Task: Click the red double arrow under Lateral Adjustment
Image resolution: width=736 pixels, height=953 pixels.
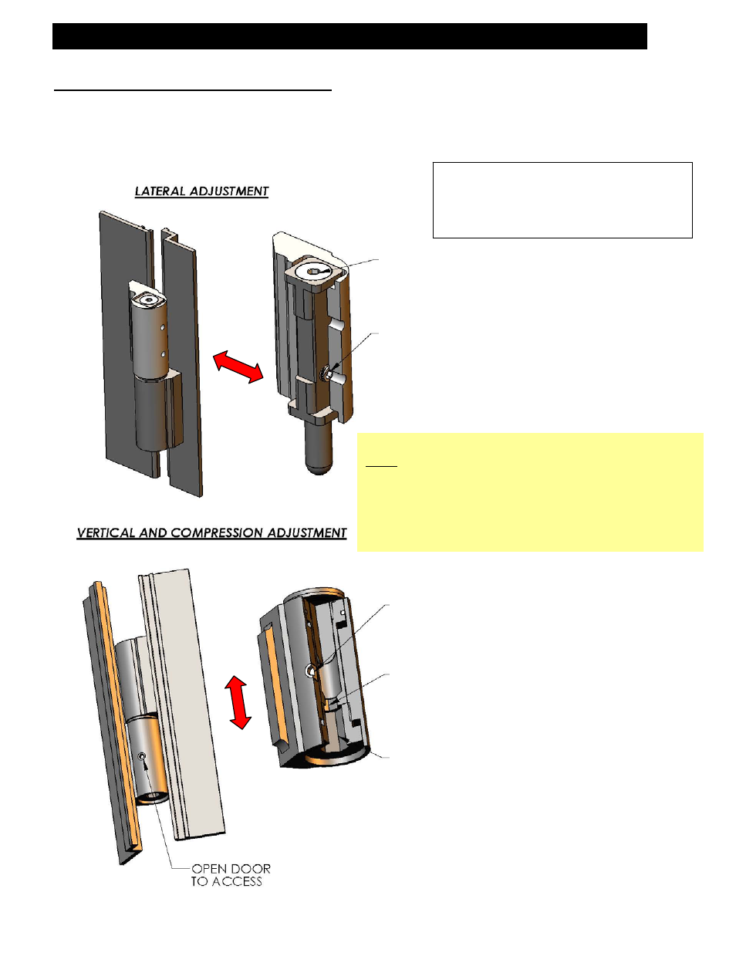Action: tap(238, 367)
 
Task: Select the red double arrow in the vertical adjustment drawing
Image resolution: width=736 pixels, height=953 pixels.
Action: tap(238, 702)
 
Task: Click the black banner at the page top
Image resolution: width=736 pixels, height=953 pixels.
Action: tap(349, 36)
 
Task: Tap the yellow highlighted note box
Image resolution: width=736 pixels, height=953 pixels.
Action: tap(530, 492)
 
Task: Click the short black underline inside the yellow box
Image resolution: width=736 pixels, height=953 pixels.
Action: tap(381, 466)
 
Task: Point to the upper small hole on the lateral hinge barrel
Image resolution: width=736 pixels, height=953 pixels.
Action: tap(162, 328)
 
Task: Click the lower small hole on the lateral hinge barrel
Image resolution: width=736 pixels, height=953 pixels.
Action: tap(162, 353)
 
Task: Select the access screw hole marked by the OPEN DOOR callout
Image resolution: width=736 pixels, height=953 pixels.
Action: tap(142, 755)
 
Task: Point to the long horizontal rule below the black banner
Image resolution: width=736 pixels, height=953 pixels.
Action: tap(192, 90)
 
